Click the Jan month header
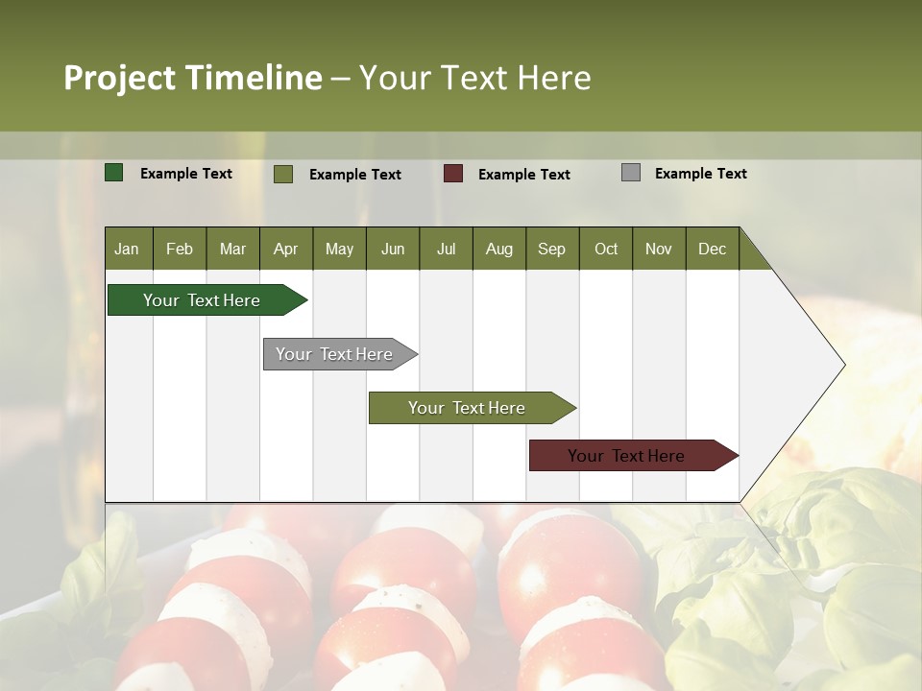[127, 249]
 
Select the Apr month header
[285, 249]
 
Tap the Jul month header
[446, 249]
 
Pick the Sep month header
[551, 249]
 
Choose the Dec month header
[712, 249]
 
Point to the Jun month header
[393, 249]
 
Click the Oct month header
[606, 249]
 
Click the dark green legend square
[114, 173]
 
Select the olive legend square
[283, 174]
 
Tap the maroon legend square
[453, 174]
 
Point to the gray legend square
[631, 173]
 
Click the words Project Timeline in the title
[192, 78]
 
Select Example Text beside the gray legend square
[700, 174]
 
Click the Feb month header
[180, 249]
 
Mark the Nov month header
[659, 249]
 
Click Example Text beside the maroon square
[523, 175]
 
